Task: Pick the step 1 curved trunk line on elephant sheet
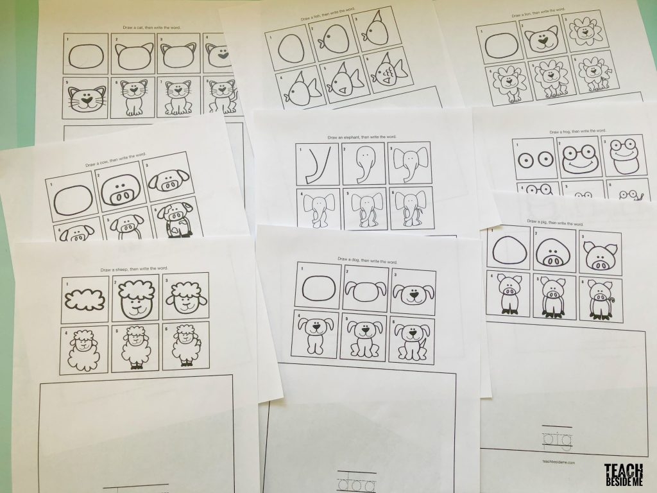(x=315, y=164)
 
